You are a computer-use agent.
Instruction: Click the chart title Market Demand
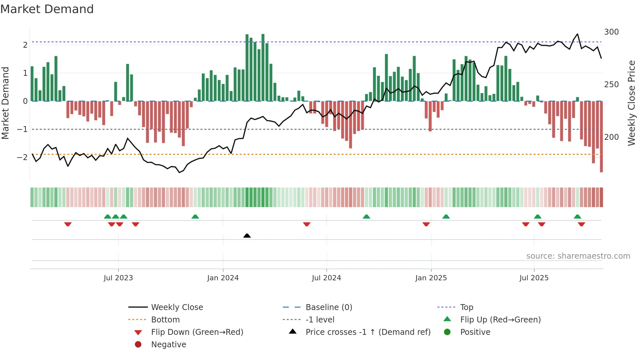coord(47,9)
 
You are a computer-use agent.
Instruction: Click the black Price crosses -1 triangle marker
coord(247,236)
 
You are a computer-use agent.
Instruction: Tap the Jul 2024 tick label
coord(326,278)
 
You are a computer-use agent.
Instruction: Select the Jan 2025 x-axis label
coord(431,278)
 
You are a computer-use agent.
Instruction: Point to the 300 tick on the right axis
coord(611,32)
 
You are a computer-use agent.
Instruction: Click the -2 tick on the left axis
coord(23,157)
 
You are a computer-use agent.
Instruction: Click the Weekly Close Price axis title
coord(632,103)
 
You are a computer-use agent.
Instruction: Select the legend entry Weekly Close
coord(177,307)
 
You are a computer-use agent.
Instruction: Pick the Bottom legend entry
coord(165,320)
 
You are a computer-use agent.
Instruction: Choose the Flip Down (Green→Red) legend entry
coord(197,332)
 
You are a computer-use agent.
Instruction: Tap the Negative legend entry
coord(168,345)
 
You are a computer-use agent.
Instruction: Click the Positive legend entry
coord(475,332)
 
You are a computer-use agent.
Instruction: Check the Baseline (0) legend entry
coord(328,307)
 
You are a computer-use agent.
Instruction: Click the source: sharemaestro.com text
coord(578,256)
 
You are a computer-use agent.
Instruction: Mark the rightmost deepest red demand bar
coord(601,137)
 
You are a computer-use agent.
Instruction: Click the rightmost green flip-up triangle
coord(577,217)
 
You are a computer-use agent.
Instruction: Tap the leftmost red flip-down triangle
coord(68,224)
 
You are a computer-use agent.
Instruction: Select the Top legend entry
coord(466,307)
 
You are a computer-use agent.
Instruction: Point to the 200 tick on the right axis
coord(611,137)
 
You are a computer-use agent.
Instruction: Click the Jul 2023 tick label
coord(118,278)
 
